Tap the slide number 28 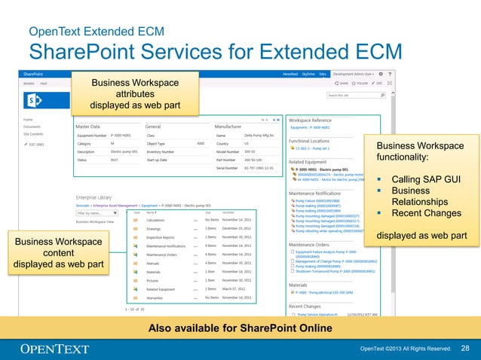(x=464, y=348)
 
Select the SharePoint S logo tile (x=35, y=101)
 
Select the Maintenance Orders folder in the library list (x=161, y=254)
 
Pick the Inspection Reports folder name (x=161, y=236)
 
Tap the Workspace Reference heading (x=310, y=120)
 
